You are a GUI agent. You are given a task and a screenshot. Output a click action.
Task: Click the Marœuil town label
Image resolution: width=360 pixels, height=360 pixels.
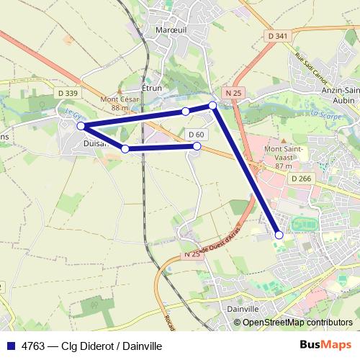171,30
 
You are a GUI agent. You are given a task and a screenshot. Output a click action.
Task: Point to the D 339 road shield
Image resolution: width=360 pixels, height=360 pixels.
66,93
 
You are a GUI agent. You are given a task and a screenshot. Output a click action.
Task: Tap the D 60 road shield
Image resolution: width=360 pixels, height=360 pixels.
197,135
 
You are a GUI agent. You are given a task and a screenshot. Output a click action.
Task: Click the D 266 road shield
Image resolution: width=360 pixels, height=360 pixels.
302,178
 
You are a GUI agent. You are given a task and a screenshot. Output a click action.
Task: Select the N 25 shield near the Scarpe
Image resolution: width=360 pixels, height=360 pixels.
232,93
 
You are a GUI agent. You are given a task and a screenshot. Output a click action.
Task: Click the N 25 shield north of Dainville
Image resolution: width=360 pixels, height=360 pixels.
191,255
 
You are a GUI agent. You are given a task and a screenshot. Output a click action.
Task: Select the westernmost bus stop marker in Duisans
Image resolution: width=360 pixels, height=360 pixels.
81,126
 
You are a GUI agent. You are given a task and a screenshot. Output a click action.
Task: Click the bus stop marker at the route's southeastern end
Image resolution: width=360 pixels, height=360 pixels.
279,234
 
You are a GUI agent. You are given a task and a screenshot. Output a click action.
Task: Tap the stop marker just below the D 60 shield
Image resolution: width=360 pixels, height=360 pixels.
197,146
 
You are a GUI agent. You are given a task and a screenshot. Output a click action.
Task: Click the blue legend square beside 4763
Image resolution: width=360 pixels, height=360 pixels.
10,346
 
